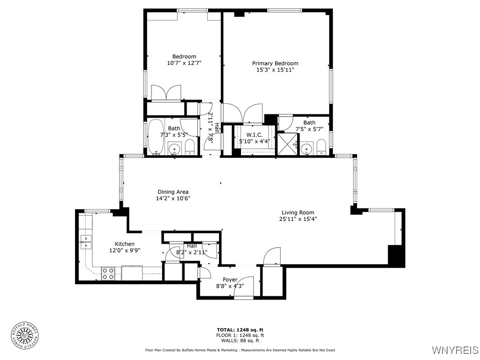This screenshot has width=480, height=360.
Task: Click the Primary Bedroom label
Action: (x=275, y=63)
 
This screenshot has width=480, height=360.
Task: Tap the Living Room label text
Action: (x=298, y=212)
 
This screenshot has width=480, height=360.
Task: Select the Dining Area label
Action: (x=173, y=192)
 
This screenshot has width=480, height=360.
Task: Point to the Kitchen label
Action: (x=125, y=244)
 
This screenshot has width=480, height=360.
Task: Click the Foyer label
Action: (x=230, y=280)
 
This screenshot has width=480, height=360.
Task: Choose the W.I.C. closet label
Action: (x=255, y=135)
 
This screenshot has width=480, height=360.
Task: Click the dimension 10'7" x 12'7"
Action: (x=184, y=63)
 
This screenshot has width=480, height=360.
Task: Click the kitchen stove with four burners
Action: (x=108, y=273)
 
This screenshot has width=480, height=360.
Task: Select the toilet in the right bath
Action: (x=321, y=147)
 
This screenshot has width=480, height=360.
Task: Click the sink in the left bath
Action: (x=174, y=149)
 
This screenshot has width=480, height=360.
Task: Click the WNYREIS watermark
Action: (x=454, y=350)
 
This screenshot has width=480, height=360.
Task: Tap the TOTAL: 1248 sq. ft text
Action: (x=240, y=330)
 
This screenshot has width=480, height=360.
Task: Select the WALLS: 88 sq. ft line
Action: (x=240, y=341)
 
